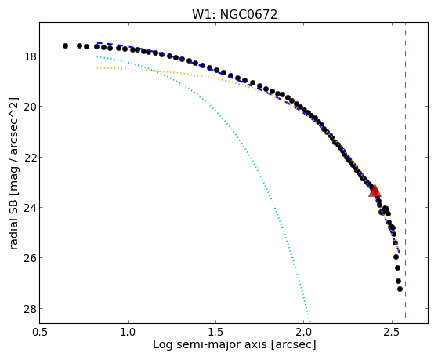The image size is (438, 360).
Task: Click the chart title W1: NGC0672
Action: [x=234, y=14]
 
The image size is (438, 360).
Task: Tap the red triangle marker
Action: [x=375, y=191]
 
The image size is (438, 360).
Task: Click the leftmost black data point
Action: [x=65, y=45]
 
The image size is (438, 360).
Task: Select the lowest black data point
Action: [x=400, y=289]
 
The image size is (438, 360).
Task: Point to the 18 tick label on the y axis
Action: [x=30, y=56]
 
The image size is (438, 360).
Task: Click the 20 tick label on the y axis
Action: [x=30, y=107]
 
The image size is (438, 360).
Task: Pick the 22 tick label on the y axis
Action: [x=30, y=157]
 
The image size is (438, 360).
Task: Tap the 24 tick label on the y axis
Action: [x=30, y=207]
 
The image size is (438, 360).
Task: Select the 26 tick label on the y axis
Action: [x=30, y=257]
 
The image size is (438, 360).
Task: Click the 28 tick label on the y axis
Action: [x=30, y=308]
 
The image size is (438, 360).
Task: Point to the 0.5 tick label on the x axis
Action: [x=40, y=332]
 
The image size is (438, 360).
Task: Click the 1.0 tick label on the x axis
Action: [x=128, y=332]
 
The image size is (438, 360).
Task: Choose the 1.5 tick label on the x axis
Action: [x=216, y=332]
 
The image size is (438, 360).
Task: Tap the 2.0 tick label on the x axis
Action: [x=304, y=332]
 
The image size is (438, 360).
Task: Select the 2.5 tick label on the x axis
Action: [x=393, y=332]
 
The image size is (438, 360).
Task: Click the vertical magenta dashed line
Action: [x=405, y=170]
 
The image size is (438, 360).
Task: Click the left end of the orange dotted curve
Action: [x=97, y=67]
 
